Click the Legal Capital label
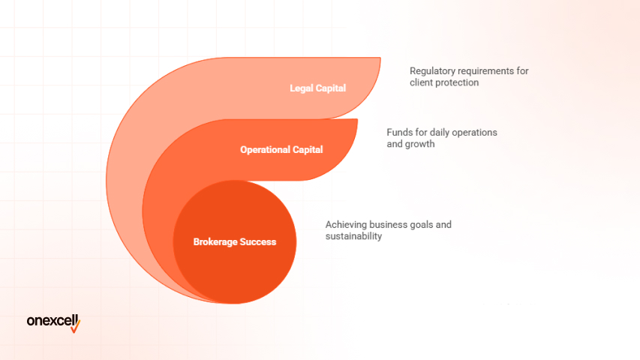tap(318, 88)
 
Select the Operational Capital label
tap(281, 149)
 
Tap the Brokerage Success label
tap(235, 241)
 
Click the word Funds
tap(399, 132)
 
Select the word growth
tap(422, 144)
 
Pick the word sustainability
tap(354, 236)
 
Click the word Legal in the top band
tap(302, 88)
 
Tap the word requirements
tap(484, 70)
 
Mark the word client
tap(421, 82)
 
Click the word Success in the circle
tap(259, 241)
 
